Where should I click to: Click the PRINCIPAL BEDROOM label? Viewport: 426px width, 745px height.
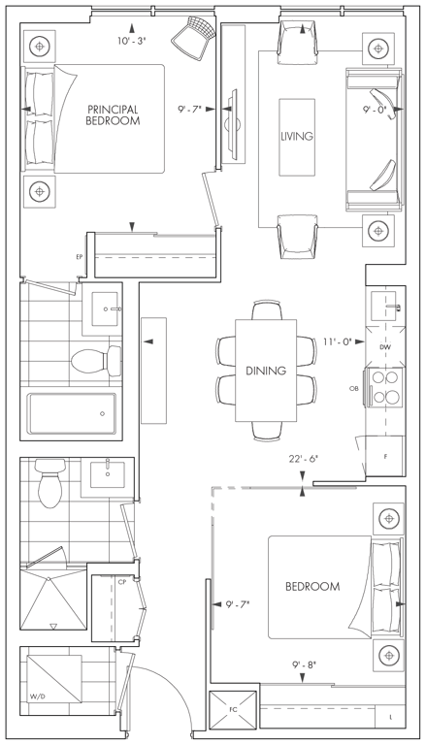(x=113, y=115)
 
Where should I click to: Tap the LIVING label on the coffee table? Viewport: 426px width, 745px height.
(x=297, y=137)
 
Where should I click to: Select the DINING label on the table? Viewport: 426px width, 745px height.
(x=266, y=371)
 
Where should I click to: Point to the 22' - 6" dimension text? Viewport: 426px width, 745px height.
(x=303, y=460)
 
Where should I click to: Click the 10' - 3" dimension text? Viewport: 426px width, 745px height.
(x=131, y=42)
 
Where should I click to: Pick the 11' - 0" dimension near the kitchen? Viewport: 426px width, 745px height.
(x=337, y=341)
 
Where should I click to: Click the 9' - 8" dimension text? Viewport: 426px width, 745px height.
(x=305, y=664)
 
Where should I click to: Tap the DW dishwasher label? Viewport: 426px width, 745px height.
(x=385, y=347)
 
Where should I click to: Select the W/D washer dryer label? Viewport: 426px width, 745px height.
(x=35, y=697)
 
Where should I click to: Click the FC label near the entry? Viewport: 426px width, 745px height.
(x=233, y=709)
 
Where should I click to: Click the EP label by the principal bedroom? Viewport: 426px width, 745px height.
(x=79, y=257)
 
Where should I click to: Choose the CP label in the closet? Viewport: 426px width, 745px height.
(x=121, y=581)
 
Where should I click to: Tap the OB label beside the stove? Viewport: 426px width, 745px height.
(x=353, y=388)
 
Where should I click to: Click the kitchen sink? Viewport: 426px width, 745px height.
(x=385, y=307)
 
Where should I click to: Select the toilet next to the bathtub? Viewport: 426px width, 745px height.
(x=96, y=360)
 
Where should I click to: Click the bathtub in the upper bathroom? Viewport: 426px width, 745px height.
(x=72, y=413)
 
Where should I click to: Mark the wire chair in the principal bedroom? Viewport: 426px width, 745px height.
(x=190, y=34)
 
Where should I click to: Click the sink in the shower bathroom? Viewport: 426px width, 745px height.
(x=107, y=475)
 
